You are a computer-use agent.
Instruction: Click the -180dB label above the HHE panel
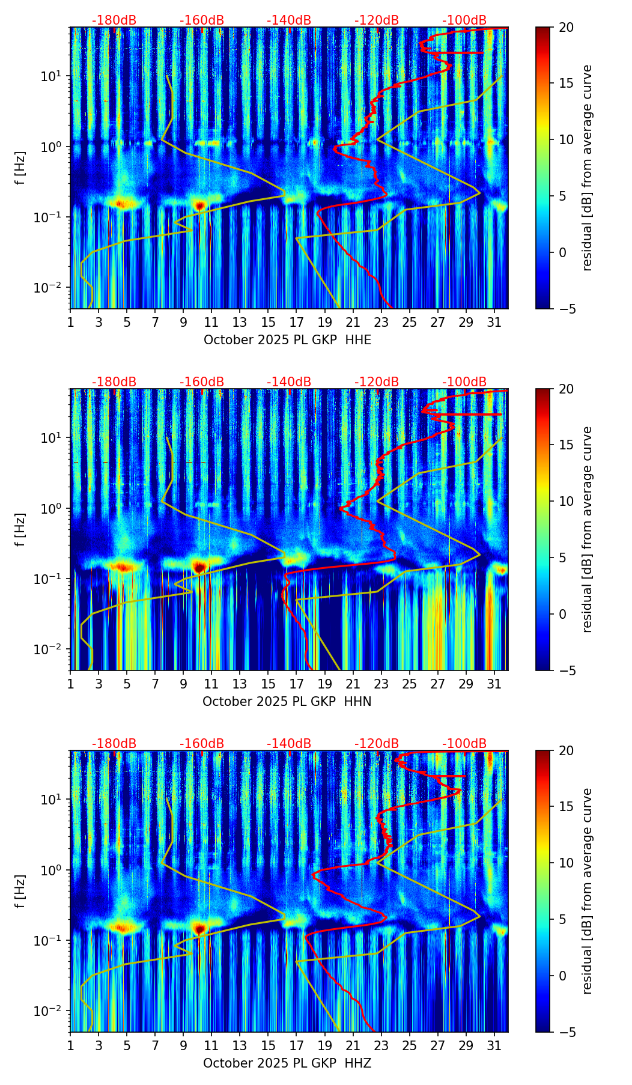pos(114,20)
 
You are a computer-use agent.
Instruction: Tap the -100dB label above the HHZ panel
pos(464,744)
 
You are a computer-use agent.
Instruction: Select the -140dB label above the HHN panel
pos(289,382)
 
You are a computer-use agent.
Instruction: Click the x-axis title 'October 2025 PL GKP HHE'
pos(287,340)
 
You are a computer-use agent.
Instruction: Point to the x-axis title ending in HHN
pos(287,702)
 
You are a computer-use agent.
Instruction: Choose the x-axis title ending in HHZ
pos(287,1063)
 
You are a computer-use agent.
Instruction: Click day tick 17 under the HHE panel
pos(296,322)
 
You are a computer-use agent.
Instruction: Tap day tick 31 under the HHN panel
pos(494,684)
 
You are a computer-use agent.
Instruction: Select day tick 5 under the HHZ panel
pos(127,1045)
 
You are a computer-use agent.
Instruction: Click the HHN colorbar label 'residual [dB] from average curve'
pos(588,529)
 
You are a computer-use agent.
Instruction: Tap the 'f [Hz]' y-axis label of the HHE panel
pos(20,168)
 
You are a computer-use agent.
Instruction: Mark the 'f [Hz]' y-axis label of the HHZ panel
pos(20,891)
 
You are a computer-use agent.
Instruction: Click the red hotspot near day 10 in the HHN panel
pos(199,566)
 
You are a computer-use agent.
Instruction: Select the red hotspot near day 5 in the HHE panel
pos(122,204)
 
